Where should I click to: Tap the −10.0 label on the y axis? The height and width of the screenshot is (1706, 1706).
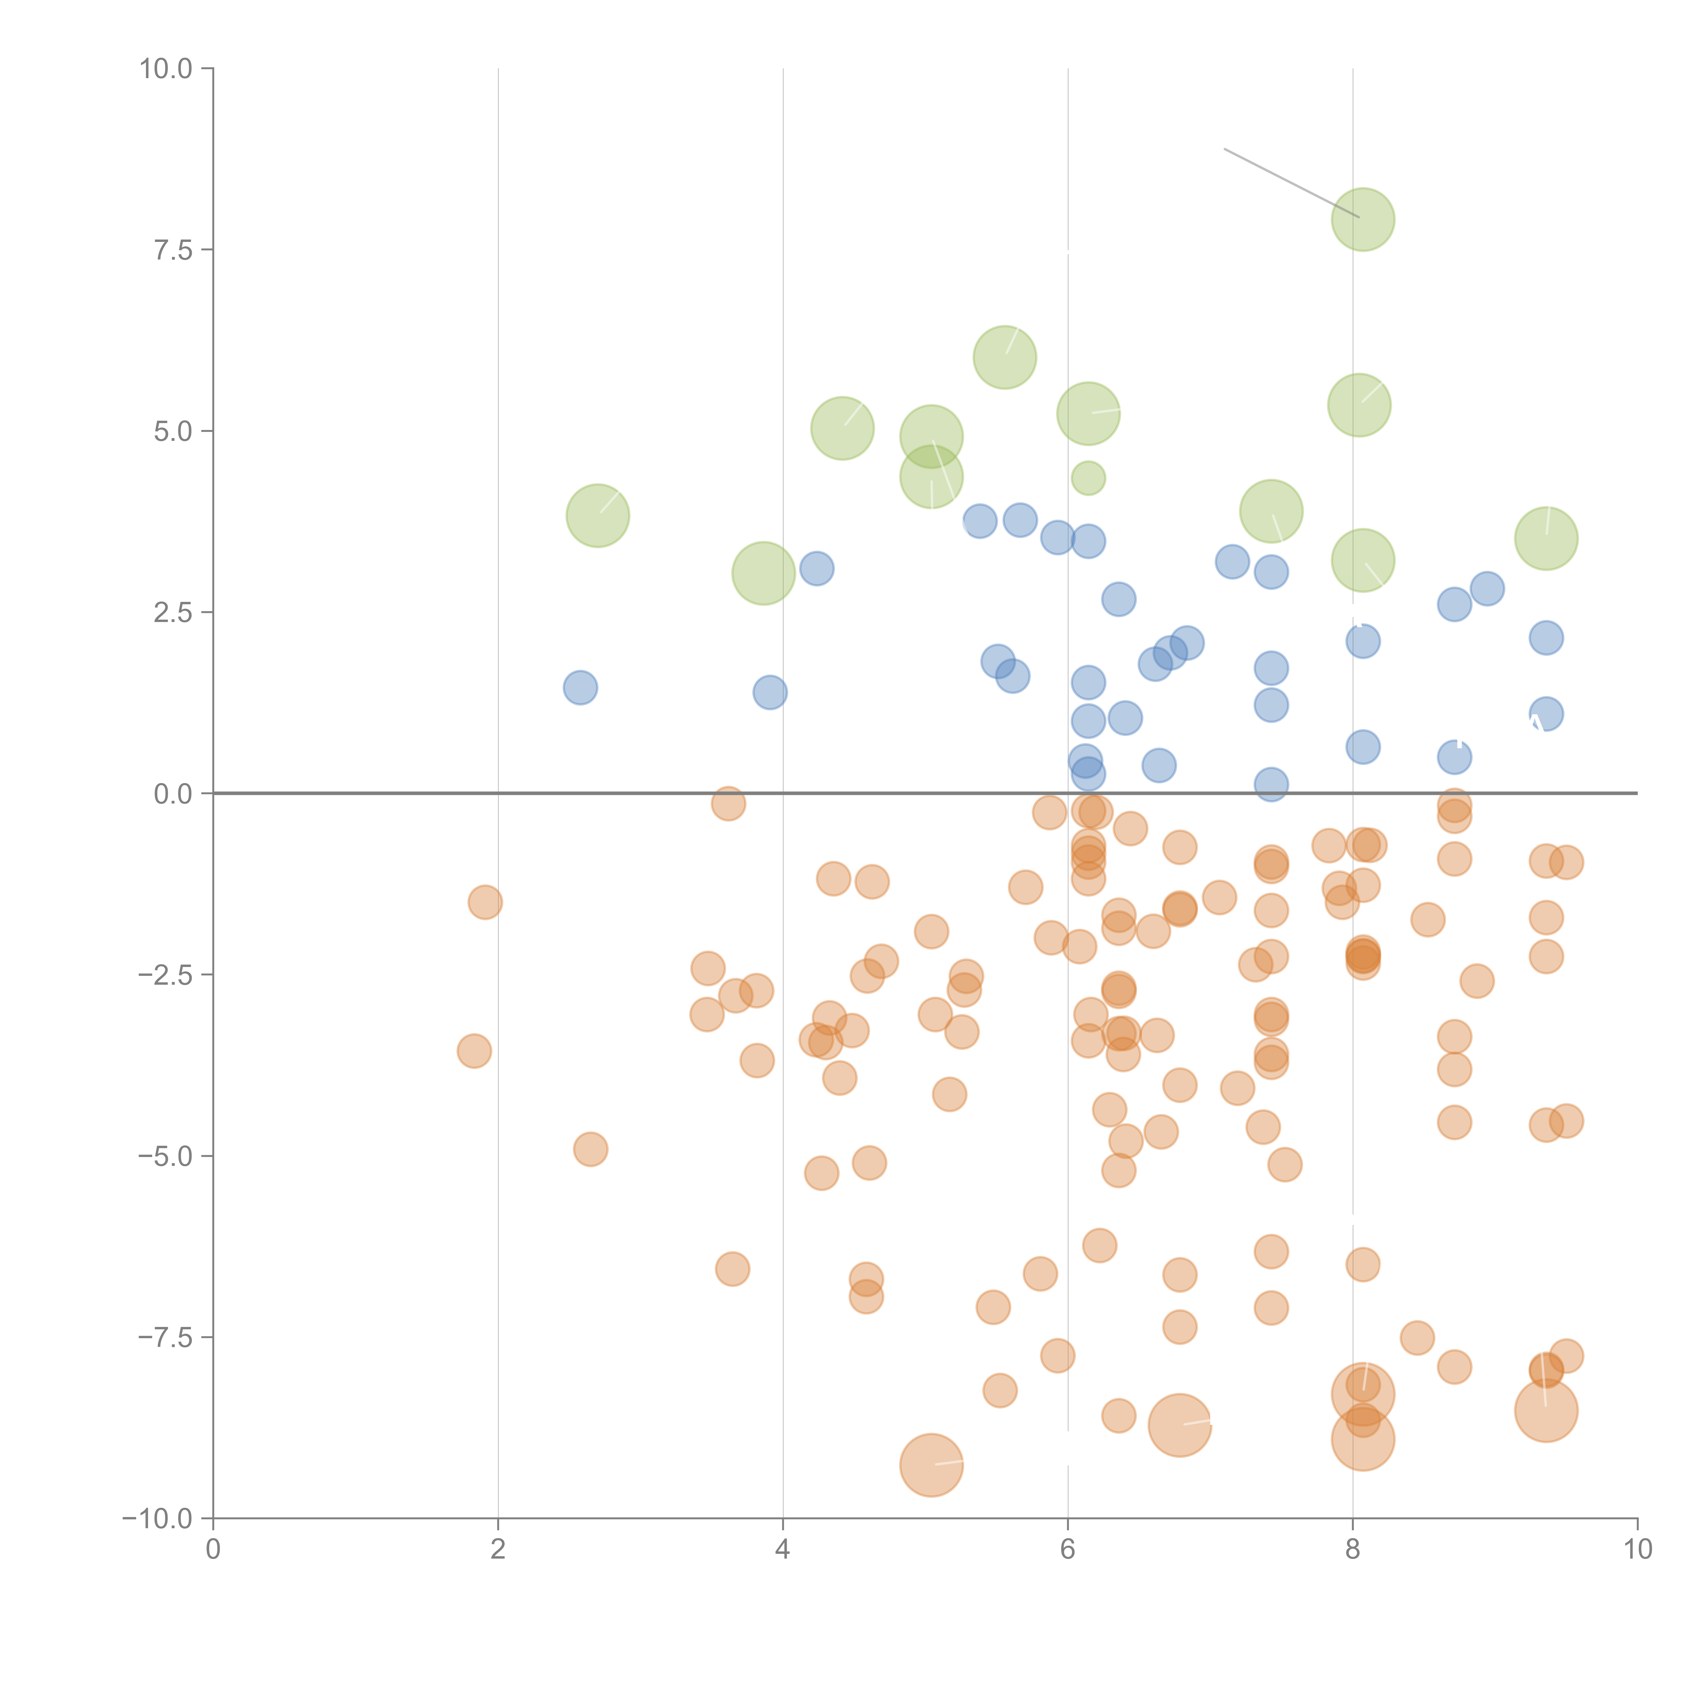click(x=157, y=1519)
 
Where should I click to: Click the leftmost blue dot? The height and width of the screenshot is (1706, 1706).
click(x=580, y=687)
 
